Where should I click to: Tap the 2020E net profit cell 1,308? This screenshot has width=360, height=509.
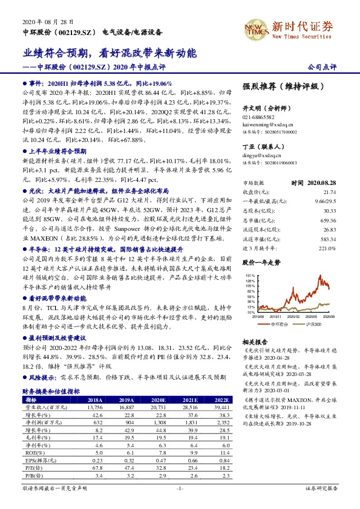157,423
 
